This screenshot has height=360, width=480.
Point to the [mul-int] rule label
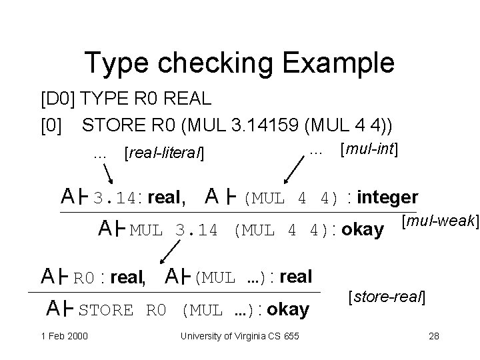pyautogui.click(x=369, y=150)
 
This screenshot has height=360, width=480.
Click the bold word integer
pyautogui.click(x=388, y=197)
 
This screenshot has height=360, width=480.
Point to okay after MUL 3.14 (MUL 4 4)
pyautogui.click(x=362, y=231)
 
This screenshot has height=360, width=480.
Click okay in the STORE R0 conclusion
pyautogui.click(x=288, y=309)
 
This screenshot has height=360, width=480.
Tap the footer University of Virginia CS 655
pyautogui.click(x=239, y=336)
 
